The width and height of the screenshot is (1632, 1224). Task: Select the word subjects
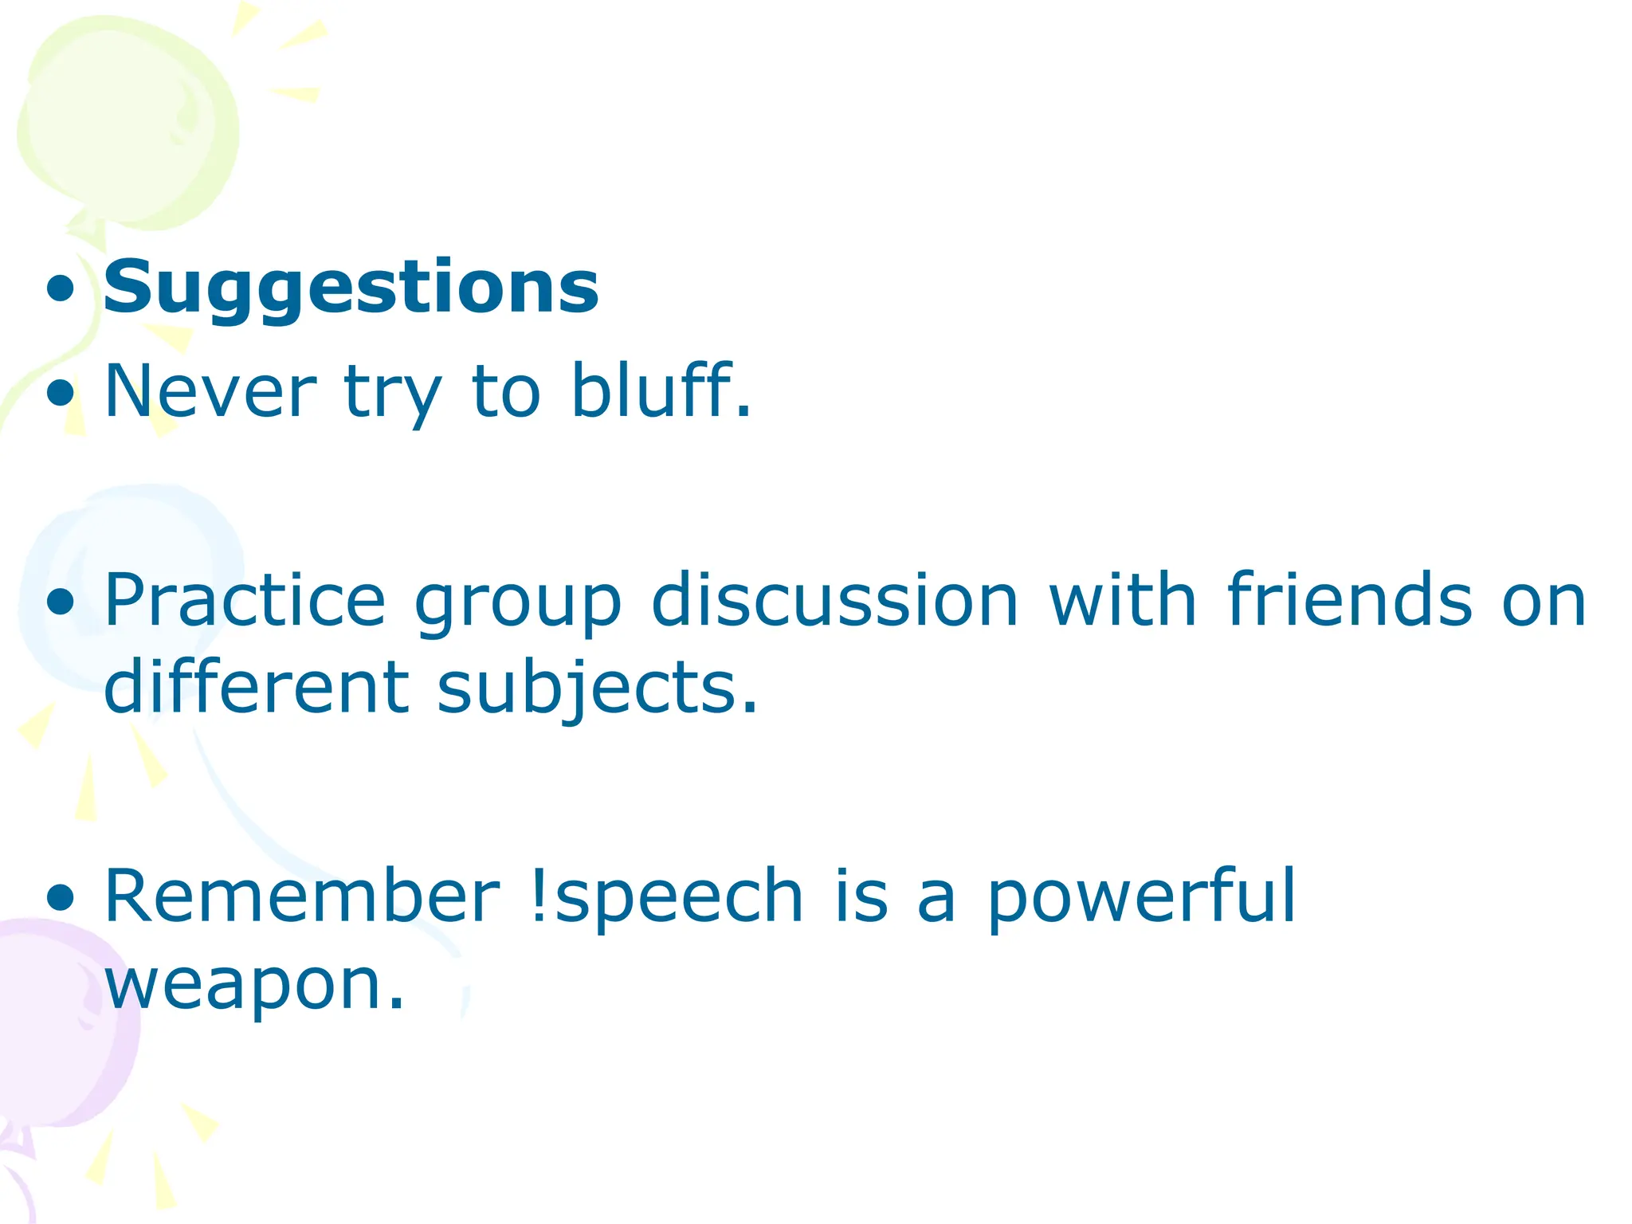coord(597,690)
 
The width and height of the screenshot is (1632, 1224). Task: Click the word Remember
coord(302,897)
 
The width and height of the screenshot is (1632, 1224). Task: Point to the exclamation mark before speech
coord(539,897)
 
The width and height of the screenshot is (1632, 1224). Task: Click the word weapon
coord(253,985)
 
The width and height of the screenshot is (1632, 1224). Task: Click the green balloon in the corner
coord(127,120)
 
